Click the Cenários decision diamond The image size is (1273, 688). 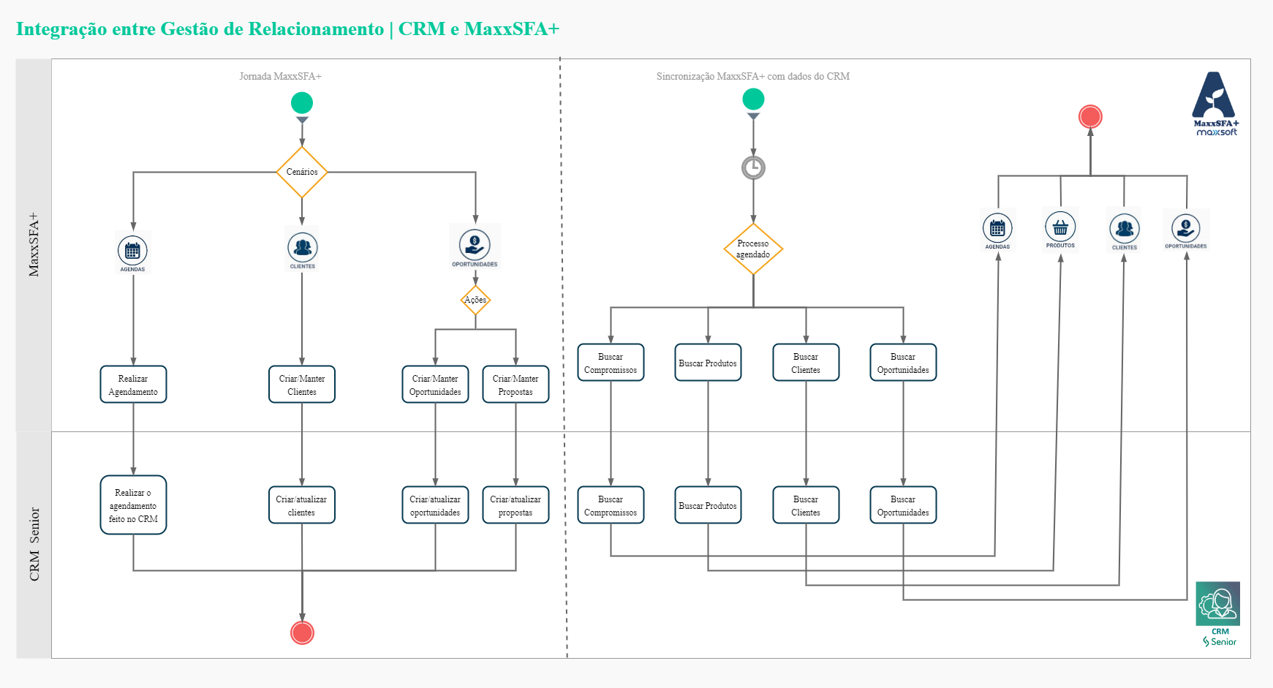302,172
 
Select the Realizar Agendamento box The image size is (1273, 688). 133,385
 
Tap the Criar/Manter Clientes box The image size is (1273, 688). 302,385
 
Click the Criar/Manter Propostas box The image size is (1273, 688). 515,385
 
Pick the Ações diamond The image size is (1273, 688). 475,300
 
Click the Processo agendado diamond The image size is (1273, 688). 753,249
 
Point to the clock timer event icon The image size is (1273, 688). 753,167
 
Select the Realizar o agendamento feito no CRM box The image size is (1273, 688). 133,505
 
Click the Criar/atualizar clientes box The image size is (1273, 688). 302,505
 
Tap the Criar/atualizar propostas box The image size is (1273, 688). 515,505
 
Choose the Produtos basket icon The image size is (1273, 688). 1060,228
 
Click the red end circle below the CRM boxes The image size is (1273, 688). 302,632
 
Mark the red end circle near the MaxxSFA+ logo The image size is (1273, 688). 1090,116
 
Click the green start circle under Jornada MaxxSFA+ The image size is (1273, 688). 302,102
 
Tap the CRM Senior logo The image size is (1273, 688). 1218,613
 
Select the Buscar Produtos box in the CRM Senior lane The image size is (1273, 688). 708,505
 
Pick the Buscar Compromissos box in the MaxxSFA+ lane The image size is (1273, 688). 611,363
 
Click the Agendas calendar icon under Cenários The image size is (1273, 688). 132,252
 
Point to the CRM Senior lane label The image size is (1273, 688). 34,544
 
